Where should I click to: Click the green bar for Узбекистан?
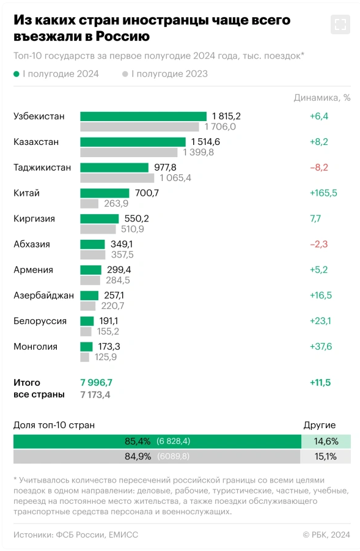pos(143,116)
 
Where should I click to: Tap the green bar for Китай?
pos(105,193)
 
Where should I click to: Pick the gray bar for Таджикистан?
pos(117,178)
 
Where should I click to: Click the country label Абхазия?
pos(32,244)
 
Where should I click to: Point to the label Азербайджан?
pos(43,295)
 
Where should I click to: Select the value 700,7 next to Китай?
pos(147,193)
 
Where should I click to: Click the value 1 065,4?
pos(175,178)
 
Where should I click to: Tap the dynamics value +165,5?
pos(323,193)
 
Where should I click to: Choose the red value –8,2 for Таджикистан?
pos(319,168)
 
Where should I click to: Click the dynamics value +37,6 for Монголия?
pos(320,347)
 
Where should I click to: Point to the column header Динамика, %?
pos(322,97)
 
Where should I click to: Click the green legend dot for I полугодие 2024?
pos(17,74)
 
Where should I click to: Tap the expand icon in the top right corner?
pos(340,24)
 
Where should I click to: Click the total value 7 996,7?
pos(96,382)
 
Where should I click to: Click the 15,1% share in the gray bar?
pos(325,456)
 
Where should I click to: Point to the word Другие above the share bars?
pos(320,425)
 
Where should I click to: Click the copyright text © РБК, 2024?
pos(326,534)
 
